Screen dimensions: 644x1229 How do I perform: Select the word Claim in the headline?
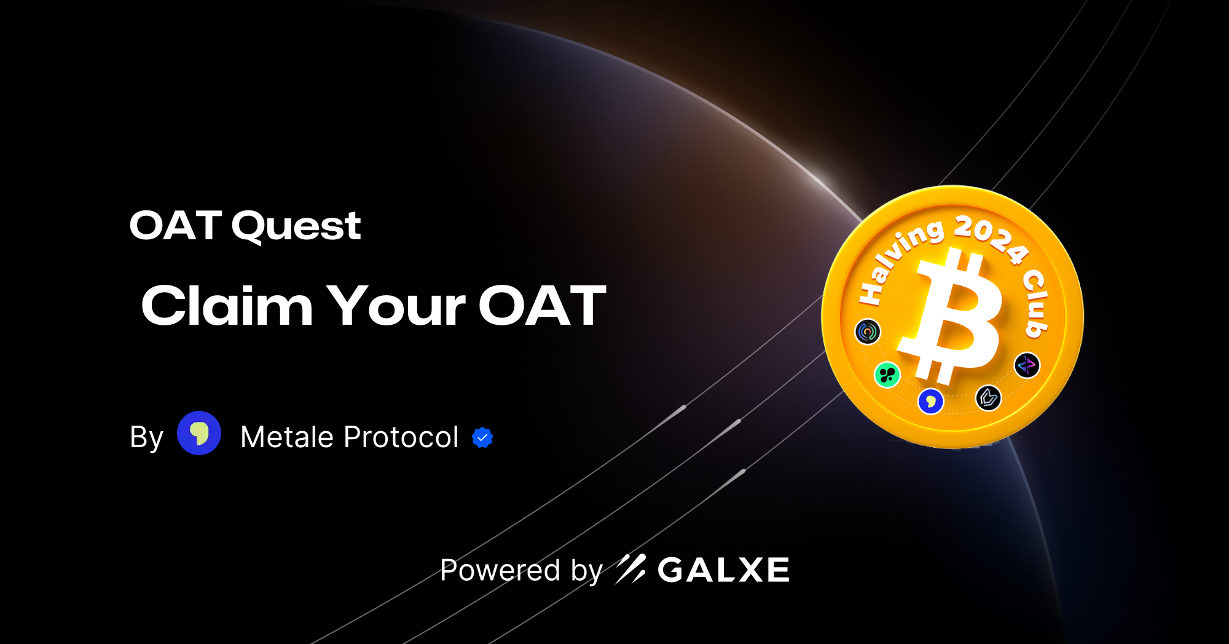227,306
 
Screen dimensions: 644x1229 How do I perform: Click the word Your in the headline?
396,306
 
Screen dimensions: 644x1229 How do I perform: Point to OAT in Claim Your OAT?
542,306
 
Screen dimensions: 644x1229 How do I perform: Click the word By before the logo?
146,437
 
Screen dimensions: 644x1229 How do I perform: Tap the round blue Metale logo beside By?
199,433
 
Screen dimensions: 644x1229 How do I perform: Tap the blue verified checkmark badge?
482,437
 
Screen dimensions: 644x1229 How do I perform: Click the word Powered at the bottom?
500,570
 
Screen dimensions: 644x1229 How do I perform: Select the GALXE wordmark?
723,570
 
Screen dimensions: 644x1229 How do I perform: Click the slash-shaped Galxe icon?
630,569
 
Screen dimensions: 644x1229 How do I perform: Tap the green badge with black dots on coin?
887,375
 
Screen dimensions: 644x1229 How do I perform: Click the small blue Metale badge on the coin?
930,402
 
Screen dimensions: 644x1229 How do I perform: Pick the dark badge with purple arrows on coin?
1026,365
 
